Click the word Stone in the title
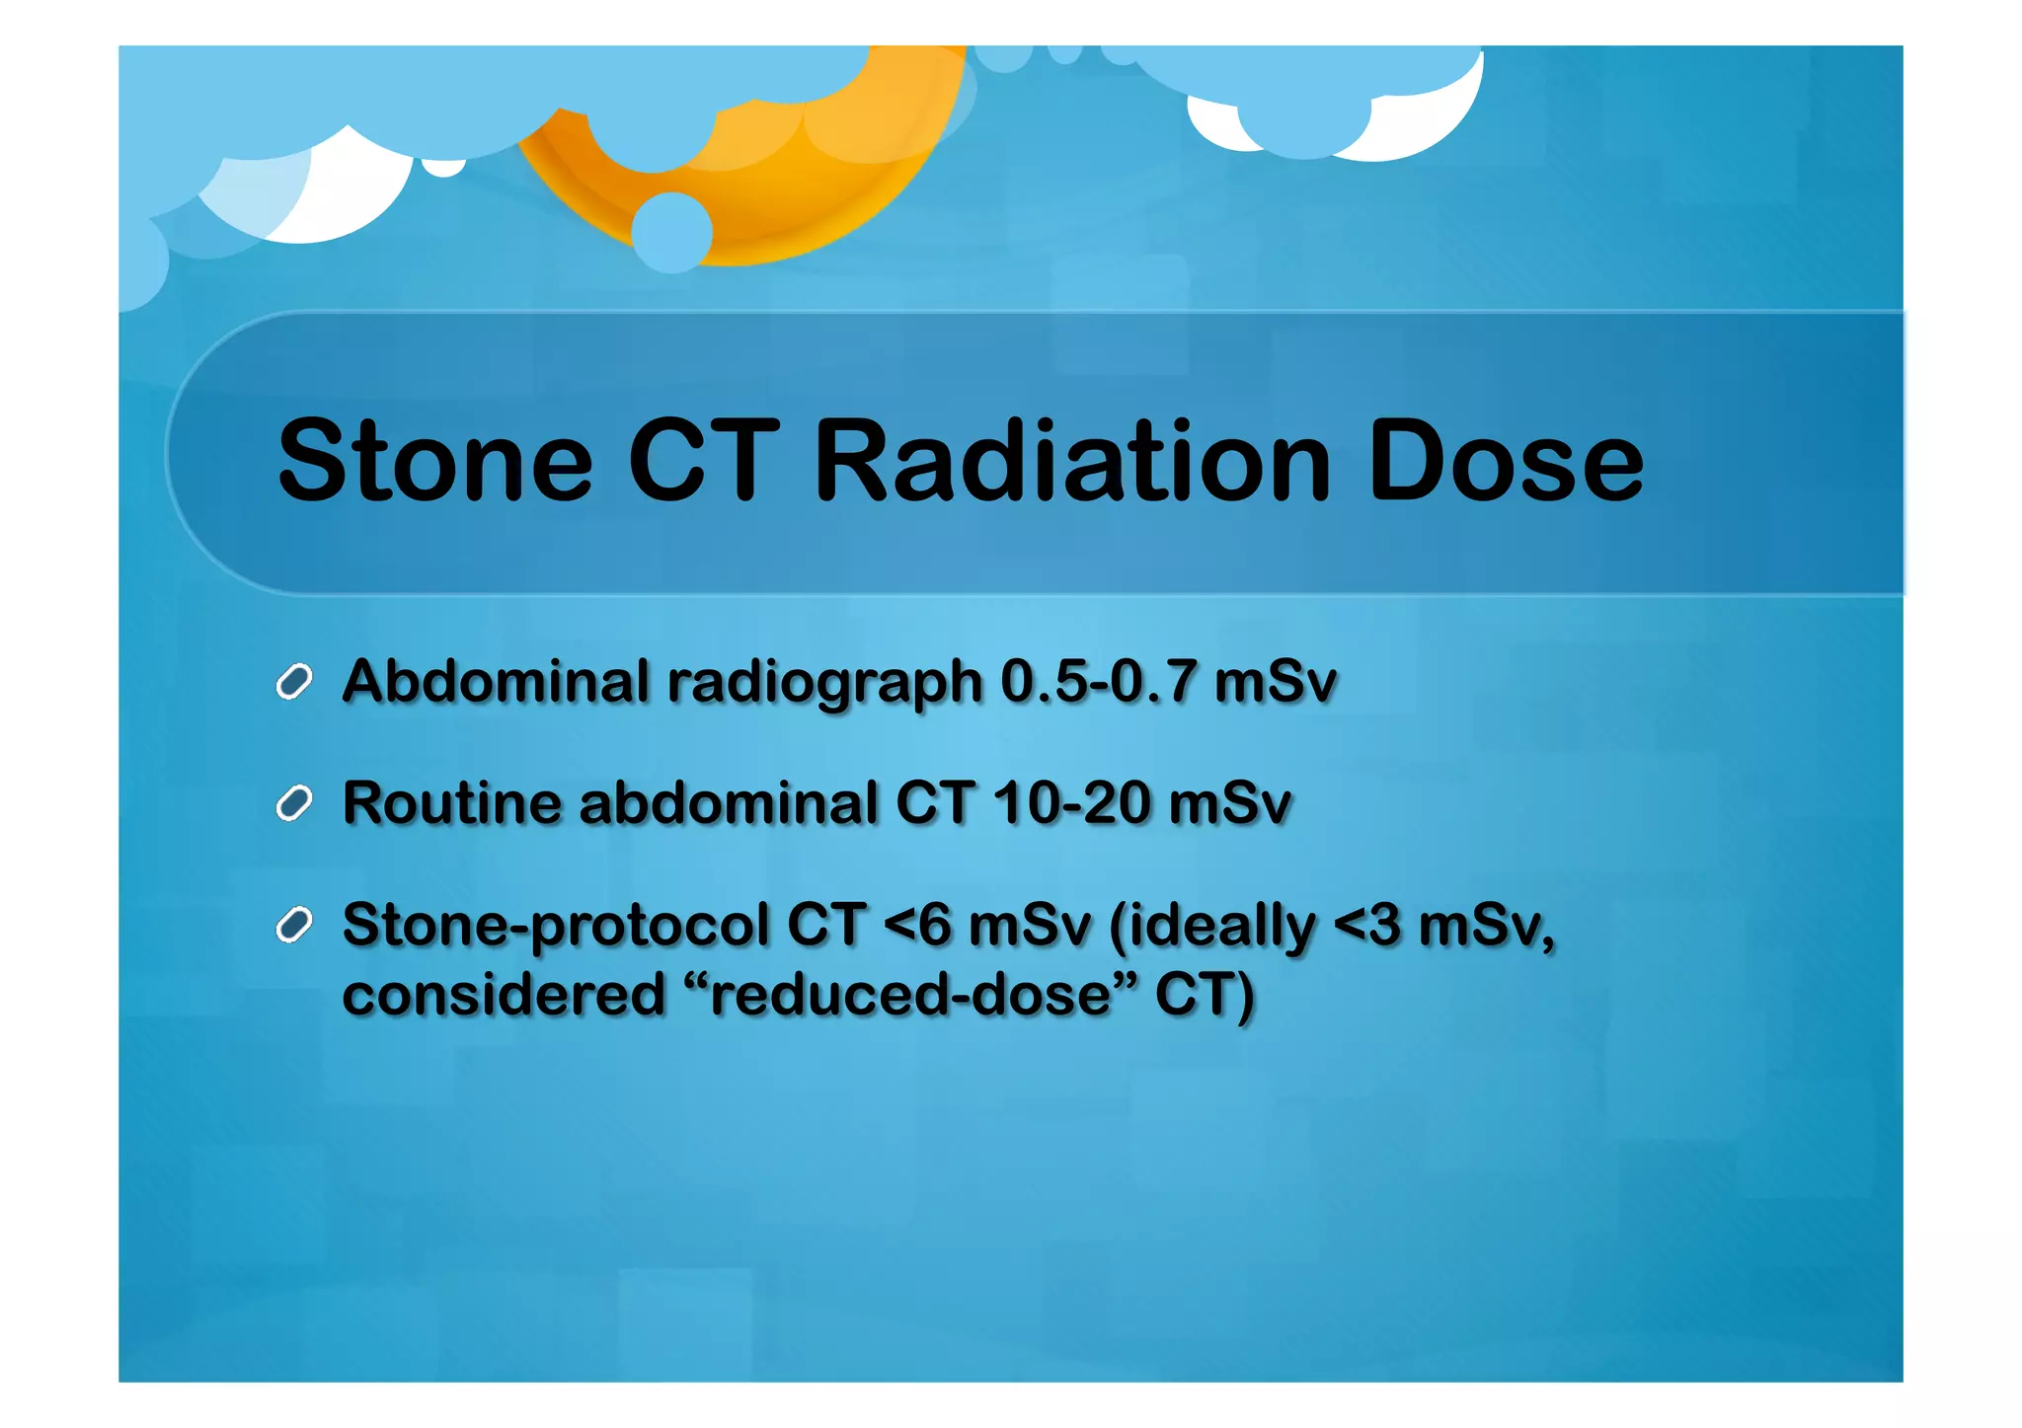click(434, 462)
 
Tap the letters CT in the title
click(703, 462)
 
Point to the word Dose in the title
click(1505, 462)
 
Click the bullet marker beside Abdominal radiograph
click(294, 682)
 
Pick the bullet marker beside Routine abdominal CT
click(294, 803)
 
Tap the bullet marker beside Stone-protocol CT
click(294, 925)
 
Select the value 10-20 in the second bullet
click(1071, 803)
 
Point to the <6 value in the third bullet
click(917, 926)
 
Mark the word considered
click(504, 995)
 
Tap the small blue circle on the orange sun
click(671, 232)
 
